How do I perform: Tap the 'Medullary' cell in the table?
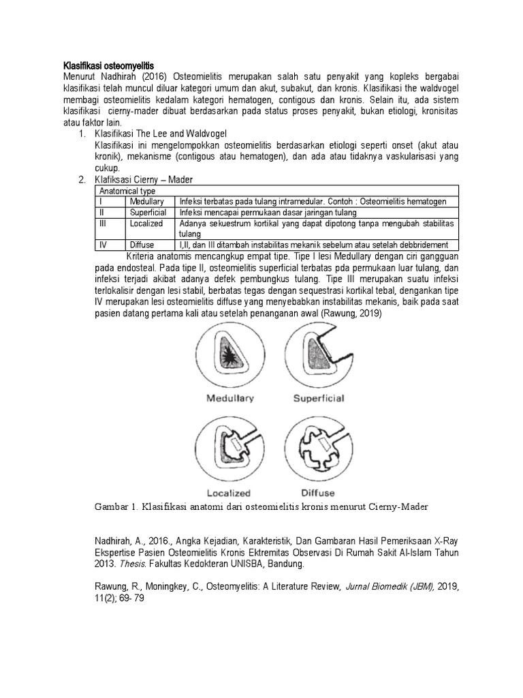(146, 202)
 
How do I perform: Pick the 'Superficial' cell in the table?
(148, 213)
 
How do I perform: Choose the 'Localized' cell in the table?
(146, 223)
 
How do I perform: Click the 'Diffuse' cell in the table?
(142, 244)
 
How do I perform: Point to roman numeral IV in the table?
(102, 244)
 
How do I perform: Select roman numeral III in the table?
(103, 223)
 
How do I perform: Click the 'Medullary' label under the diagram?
(230, 399)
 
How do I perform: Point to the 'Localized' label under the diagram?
(228, 492)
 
